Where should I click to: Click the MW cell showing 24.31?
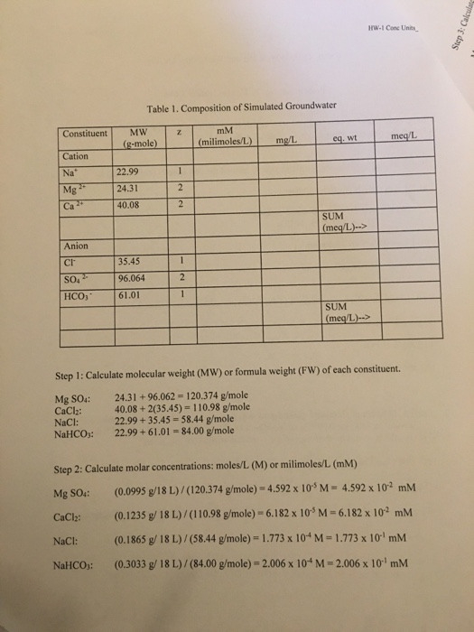(131, 188)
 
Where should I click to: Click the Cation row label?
(76, 155)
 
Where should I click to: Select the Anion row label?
(76, 246)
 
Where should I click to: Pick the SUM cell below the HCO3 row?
(339, 316)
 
